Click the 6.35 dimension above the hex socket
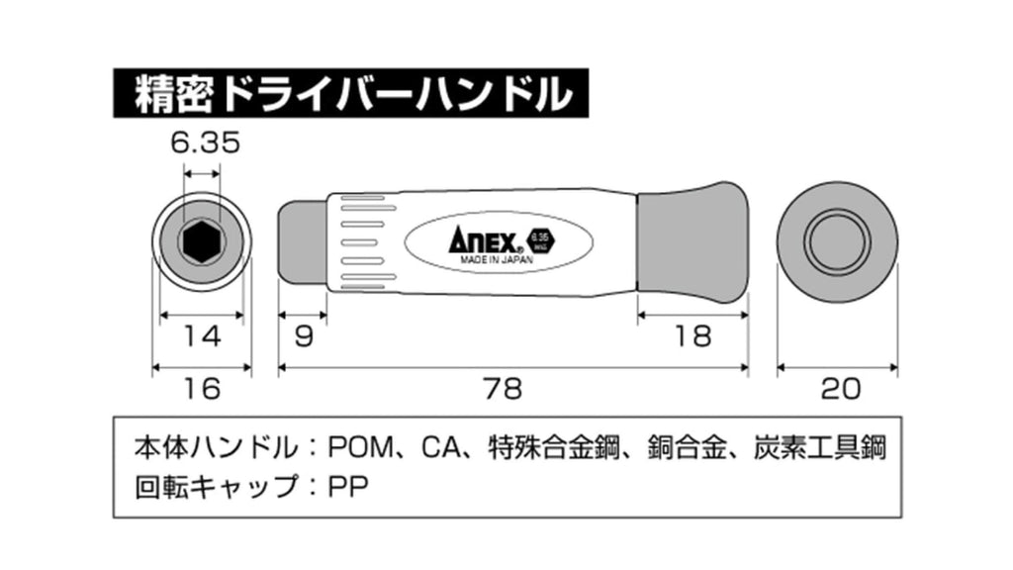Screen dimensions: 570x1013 (205, 143)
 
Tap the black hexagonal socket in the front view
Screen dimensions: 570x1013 (202, 240)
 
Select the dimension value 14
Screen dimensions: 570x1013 (203, 336)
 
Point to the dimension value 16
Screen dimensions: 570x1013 (203, 389)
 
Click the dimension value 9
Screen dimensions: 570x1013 (304, 336)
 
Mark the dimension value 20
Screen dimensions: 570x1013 (838, 389)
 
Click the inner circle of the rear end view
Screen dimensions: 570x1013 (837, 240)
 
